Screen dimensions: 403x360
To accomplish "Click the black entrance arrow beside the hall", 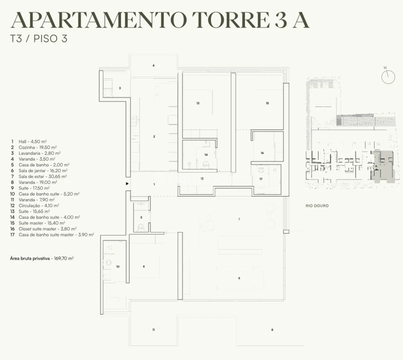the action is pyautogui.click(x=127, y=183).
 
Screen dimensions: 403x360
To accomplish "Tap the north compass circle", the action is pyautogui.click(x=388, y=77).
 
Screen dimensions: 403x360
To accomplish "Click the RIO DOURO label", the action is pyautogui.click(x=317, y=206).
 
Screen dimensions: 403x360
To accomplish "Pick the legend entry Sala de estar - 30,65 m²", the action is pyautogui.click(x=39, y=176).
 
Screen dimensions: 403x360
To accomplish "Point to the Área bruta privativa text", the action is pyautogui.click(x=42, y=258).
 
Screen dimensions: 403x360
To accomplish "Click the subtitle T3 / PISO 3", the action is pyautogui.click(x=39, y=38).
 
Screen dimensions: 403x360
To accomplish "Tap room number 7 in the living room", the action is pyautogui.click(x=239, y=219).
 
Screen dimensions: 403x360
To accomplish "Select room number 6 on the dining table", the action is pyautogui.click(x=239, y=278).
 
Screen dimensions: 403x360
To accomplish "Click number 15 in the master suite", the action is pyautogui.click(x=267, y=103).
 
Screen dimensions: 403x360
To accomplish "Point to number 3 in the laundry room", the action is pyautogui.click(x=120, y=88).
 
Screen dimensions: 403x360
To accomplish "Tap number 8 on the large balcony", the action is pyautogui.click(x=272, y=329).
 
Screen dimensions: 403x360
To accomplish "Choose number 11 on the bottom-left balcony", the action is pyautogui.click(x=153, y=329).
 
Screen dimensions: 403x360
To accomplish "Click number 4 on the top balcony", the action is pyautogui.click(x=153, y=65).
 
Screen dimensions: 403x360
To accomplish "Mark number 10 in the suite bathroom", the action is pyautogui.click(x=118, y=266).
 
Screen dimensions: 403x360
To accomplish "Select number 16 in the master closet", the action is pyautogui.click(x=262, y=153).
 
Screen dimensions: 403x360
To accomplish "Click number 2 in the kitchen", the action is pyautogui.click(x=154, y=136).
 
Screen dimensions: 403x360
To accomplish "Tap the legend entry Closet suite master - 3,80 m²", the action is pyautogui.click(x=43, y=229).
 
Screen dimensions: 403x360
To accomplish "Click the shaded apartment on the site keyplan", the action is pyautogui.click(x=383, y=166).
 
